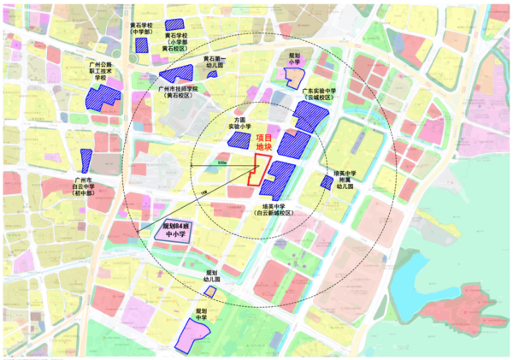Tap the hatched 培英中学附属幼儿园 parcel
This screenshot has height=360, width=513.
click(327, 182)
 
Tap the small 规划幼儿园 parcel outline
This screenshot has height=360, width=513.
click(209, 292)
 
